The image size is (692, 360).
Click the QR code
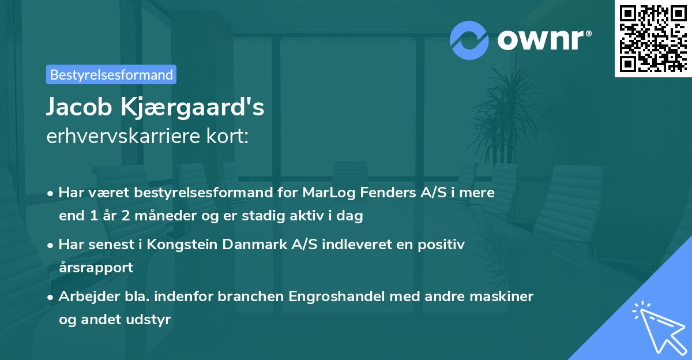[653, 38]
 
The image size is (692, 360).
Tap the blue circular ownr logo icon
[469, 40]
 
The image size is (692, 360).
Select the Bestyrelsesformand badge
[111, 74]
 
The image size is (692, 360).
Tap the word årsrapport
[96, 268]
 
